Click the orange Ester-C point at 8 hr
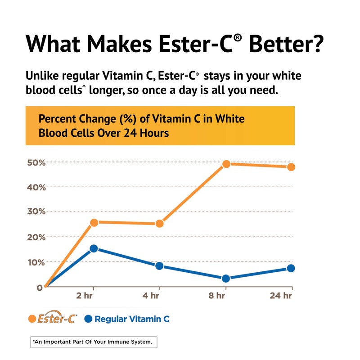coord(226,164)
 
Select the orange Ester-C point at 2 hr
coord(94,222)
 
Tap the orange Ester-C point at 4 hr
coord(159,224)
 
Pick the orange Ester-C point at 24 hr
coord(291,167)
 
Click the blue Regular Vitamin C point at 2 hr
coord(94,248)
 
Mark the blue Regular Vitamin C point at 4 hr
coord(159,266)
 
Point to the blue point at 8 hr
coord(226,279)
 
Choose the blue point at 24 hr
coord(291,268)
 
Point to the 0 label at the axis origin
coord(40,287)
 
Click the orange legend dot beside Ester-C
coord(31,319)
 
